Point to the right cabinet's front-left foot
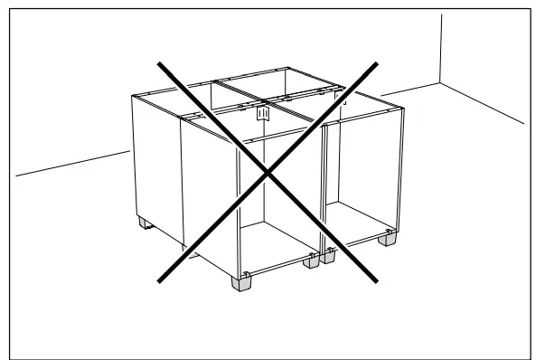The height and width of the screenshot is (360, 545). (326, 257)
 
